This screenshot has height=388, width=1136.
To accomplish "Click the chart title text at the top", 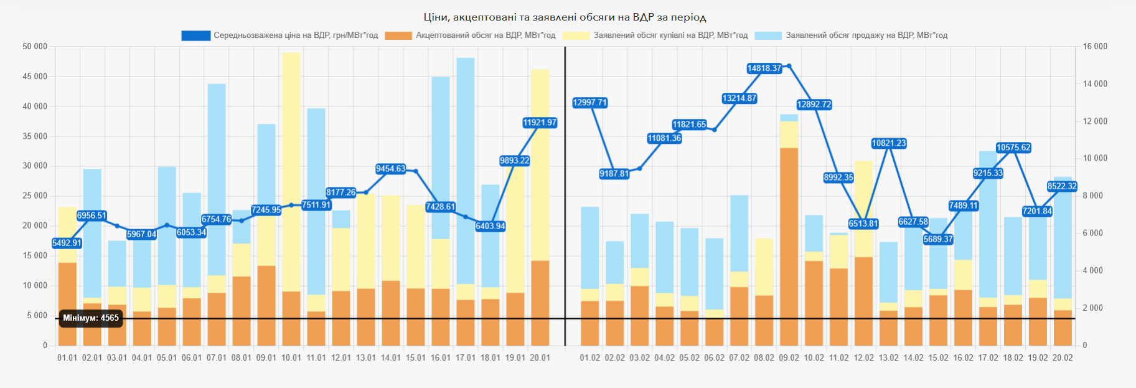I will (x=565, y=17).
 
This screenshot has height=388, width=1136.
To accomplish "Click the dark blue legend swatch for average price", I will (x=195, y=35).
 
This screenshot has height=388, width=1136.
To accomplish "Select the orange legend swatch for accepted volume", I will (x=398, y=35).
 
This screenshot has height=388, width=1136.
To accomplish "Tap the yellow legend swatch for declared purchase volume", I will (x=576, y=35).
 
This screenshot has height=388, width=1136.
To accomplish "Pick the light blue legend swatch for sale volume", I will (x=768, y=35).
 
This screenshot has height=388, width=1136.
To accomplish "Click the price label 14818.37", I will (x=764, y=69).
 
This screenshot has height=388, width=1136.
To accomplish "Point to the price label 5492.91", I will (x=67, y=243).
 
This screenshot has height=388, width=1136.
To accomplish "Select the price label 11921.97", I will (x=540, y=123).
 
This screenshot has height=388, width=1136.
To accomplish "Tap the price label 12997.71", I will (x=589, y=103).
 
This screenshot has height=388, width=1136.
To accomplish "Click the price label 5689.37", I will (x=938, y=239).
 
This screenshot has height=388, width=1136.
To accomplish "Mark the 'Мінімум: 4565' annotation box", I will (x=91, y=318).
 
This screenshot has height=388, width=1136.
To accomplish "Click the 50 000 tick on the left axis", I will (x=35, y=47).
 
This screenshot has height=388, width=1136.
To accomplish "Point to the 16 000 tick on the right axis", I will (x=1095, y=47).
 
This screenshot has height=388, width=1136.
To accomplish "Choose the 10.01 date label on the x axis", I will (x=291, y=358).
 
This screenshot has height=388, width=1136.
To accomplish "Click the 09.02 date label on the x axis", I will (x=789, y=358).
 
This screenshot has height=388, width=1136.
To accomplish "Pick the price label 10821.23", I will (x=888, y=143).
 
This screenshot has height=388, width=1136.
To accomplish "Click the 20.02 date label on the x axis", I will (x=1063, y=358).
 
